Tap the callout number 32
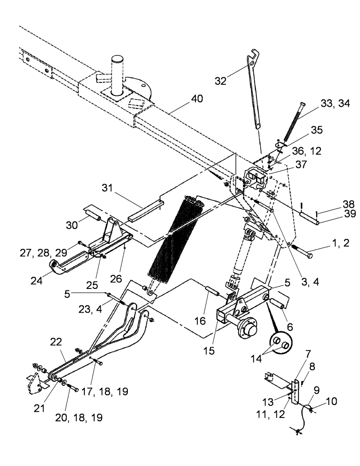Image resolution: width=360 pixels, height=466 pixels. [x=221, y=80]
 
